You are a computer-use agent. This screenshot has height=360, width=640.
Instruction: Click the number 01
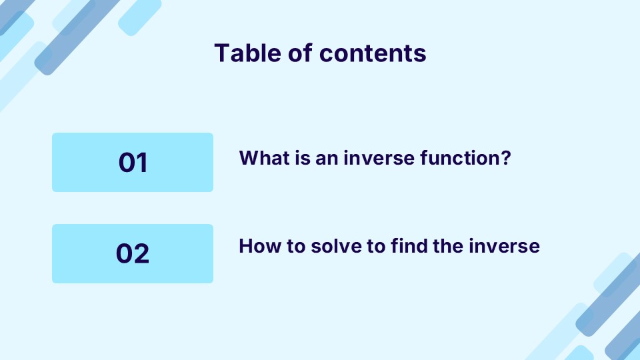click(x=133, y=163)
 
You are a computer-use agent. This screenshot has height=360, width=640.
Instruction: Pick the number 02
click(x=133, y=254)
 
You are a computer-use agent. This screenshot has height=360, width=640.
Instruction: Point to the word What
click(x=261, y=158)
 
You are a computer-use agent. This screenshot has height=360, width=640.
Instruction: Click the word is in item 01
click(x=296, y=158)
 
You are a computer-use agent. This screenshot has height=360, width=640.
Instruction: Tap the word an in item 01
click(x=323, y=158)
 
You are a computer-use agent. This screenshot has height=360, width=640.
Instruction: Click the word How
click(x=257, y=246)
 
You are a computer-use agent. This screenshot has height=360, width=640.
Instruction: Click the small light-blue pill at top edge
click(x=140, y=15)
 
